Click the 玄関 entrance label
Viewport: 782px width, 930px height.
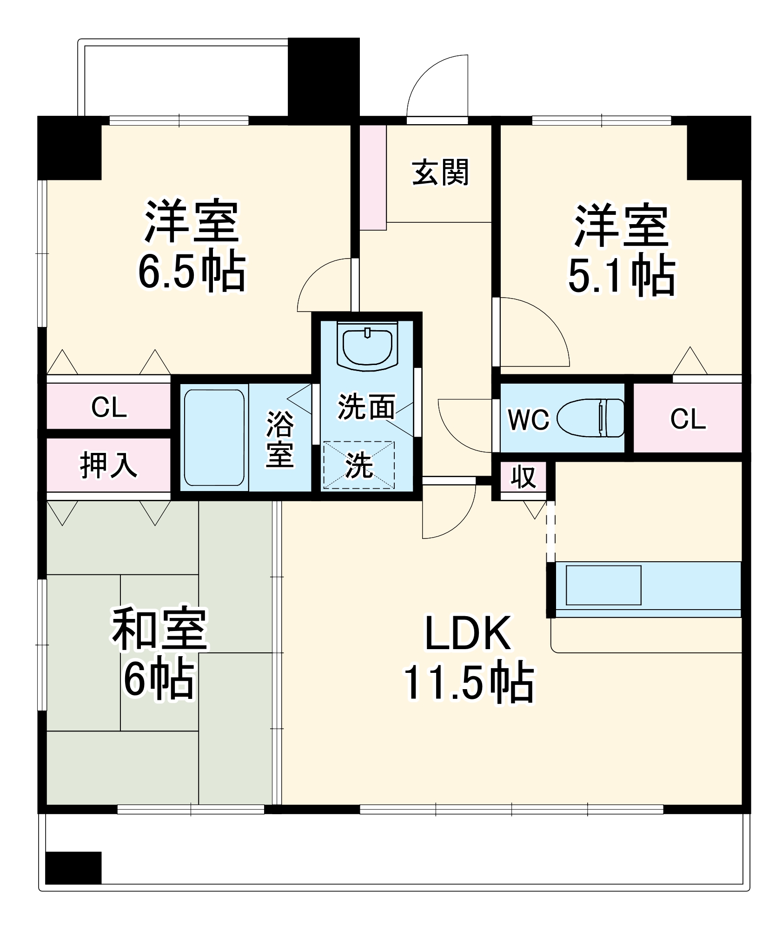pyautogui.click(x=440, y=173)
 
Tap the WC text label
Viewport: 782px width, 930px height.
pyautogui.click(x=528, y=420)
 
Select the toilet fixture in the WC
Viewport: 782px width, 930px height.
pyautogui.click(x=590, y=418)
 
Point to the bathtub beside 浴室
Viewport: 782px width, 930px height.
pyautogui.click(x=214, y=438)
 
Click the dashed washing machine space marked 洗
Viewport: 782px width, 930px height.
pyautogui.click(x=359, y=465)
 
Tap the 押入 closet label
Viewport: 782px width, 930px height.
pyautogui.click(x=108, y=465)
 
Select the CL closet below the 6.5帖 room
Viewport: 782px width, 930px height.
pyautogui.click(x=109, y=407)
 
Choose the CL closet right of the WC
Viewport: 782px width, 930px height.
pyautogui.click(x=688, y=418)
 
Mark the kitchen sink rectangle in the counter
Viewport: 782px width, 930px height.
pyautogui.click(x=603, y=585)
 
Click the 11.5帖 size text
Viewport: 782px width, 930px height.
pyautogui.click(x=469, y=682)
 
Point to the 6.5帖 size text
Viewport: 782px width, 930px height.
pyautogui.click(x=192, y=271)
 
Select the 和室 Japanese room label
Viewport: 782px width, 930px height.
pyautogui.click(x=159, y=629)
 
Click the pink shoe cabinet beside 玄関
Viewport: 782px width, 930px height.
pyautogui.click(x=373, y=177)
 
